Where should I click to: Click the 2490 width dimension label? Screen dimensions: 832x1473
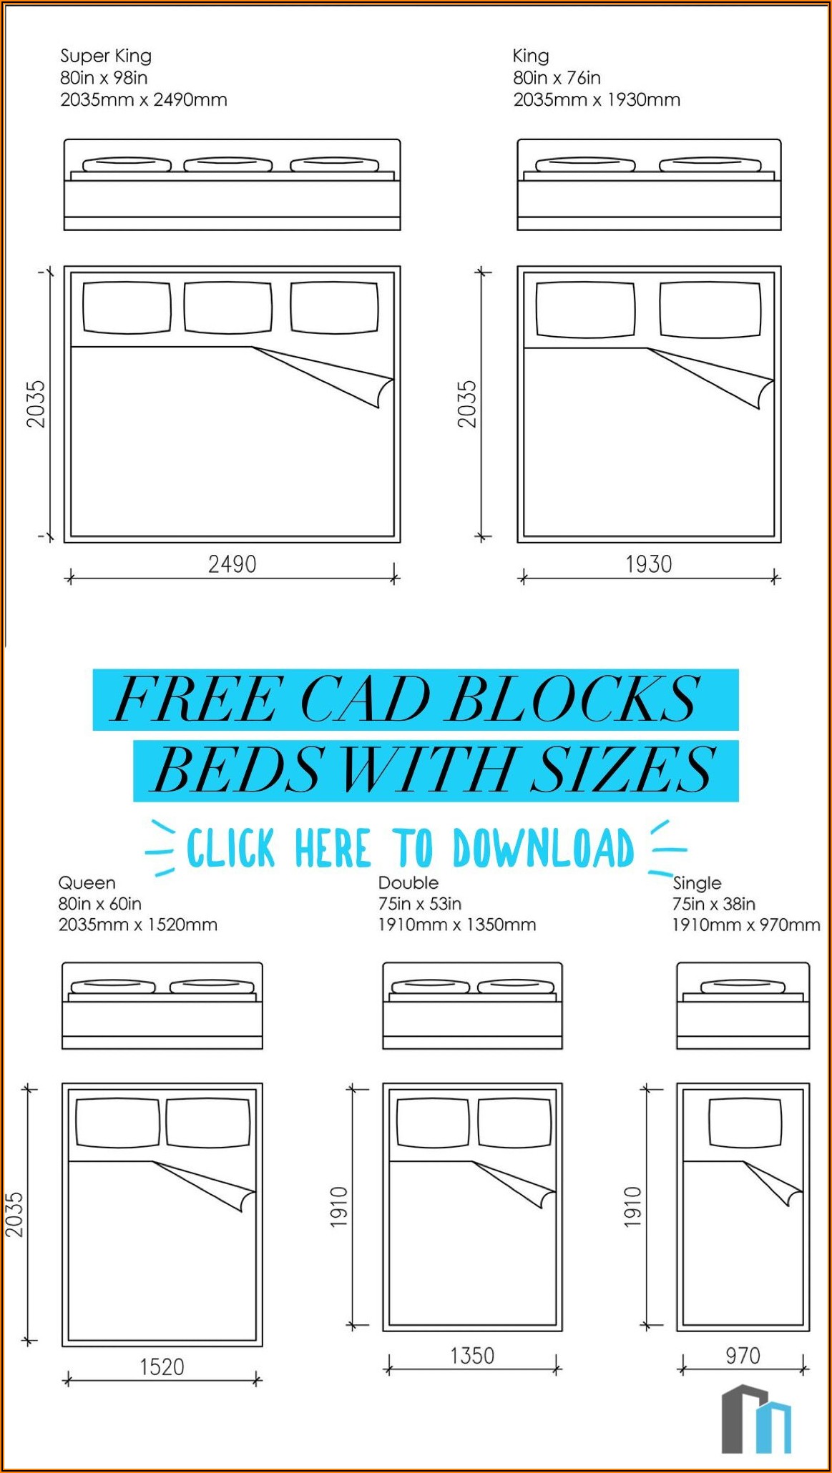pos(232,564)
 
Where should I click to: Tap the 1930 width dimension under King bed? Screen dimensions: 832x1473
pos(649,564)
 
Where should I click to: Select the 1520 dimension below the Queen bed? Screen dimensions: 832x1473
pos(162,1366)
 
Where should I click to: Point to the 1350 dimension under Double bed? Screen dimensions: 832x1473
pos(472,1355)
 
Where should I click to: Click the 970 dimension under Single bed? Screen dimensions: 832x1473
pos(743,1355)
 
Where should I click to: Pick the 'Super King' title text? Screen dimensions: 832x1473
pos(106,56)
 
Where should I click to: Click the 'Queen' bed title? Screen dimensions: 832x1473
pos(87,883)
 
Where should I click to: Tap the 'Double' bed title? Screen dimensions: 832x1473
pos(408,882)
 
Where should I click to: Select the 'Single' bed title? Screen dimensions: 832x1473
pos(697,884)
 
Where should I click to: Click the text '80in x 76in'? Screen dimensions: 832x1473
pos(557,77)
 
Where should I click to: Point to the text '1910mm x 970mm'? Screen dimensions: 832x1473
pos(745,925)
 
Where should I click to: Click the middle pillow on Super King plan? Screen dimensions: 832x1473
pos(227,307)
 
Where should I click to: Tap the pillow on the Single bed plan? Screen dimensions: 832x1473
pos(745,1123)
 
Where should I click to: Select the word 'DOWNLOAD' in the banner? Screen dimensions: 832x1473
pos(544,848)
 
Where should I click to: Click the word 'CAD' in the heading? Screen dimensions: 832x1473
pos(364,699)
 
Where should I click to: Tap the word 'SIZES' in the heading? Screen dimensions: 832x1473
pos(622,769)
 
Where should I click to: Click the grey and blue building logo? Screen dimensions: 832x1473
pos(756,1419)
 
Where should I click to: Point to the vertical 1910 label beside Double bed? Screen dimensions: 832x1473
pos(339,1207)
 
